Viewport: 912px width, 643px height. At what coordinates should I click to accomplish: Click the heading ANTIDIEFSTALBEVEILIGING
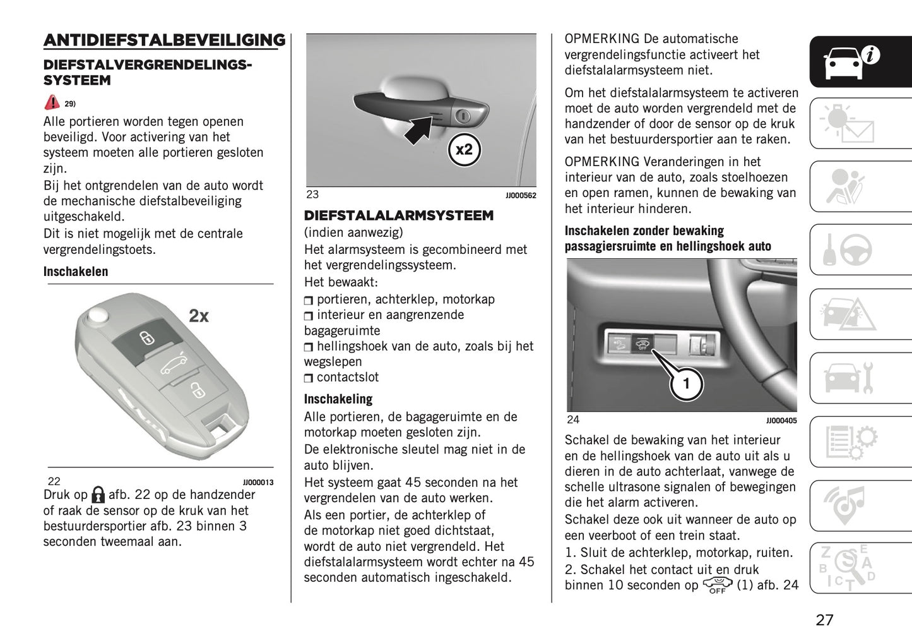tap(164, 40)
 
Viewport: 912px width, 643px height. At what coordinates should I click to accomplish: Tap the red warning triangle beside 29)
tap(52, 102)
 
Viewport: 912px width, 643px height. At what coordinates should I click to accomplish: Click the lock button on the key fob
tap(146, 338)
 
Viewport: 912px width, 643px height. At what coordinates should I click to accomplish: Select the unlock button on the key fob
tap(197, 390)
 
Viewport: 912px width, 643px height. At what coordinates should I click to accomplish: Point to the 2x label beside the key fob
tap(199, 316)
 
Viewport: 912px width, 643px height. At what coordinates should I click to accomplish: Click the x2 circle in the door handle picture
tap(464, 150)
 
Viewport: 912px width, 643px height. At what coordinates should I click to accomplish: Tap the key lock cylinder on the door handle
tap(463, 116)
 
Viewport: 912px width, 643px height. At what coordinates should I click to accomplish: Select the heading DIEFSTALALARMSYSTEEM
tap(399, 216)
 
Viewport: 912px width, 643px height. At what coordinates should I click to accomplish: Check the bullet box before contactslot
tap(309, 378)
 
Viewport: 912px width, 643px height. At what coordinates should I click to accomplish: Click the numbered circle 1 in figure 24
tap(686, 383)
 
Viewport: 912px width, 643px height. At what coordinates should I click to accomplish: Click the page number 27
tap(824, 620)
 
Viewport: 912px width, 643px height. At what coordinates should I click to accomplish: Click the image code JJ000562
tap(521, 196)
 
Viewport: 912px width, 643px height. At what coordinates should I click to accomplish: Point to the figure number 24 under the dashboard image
tap(573, 419)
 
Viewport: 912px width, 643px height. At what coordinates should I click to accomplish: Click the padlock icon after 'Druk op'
tap(98, 495)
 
